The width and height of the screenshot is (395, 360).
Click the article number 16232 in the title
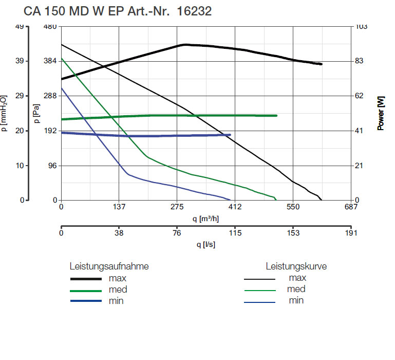coord(194,11)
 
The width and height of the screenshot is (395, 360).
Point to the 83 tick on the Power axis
coord(360,61)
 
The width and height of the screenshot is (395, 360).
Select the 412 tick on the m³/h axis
coord(235,207)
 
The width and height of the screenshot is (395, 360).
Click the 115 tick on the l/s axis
coord(235,232)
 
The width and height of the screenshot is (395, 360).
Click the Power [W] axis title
coord(381,113)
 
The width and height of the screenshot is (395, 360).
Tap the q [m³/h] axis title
coord(205,219)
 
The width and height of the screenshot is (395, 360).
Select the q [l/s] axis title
coord(205,244)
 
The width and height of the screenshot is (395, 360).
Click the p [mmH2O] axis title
coord(5,113)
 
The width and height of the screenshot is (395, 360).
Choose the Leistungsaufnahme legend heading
coord(109,266)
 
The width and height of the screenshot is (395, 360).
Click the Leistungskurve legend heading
coord(296,266)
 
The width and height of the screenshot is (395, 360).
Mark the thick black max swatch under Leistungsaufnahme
coord(85,279)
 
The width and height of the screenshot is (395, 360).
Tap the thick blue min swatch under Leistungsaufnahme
coord(85,301)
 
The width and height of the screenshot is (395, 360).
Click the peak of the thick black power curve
coord(185,45)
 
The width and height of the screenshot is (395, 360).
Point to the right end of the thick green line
coord(277,116)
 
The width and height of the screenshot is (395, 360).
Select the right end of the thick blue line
coord(230,135)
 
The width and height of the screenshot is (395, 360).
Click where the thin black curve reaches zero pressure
coord(322,200)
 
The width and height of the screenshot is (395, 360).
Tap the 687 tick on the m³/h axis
coord(351,207)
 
